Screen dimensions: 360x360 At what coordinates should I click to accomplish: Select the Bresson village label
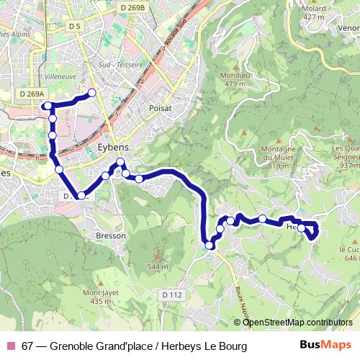pyautogui.click(x=111, y=235)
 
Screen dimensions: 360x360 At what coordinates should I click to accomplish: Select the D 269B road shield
pyautogui.click(x=132, y=7)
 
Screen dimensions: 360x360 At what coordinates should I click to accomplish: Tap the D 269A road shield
pyautogui.click(x=32, y=94)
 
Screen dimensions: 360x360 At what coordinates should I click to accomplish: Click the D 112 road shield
pyautogui.click(x=173, y=294)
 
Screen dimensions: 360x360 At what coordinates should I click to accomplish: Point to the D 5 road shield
pyautogui.click(x=75, y=27)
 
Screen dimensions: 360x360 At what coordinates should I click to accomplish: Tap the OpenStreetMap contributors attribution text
pyautogui.click(x=297, y=322)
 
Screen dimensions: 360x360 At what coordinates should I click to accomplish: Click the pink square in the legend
pyautogui.click(x=10, y=346)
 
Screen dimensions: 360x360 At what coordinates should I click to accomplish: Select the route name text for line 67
pyautogui.click(x=134, y=346)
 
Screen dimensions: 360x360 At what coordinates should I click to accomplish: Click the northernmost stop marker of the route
pyautogui.click(x=92, y=92)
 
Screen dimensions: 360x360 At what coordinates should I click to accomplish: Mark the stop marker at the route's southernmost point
pyautogui.click(x=210, y=246)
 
